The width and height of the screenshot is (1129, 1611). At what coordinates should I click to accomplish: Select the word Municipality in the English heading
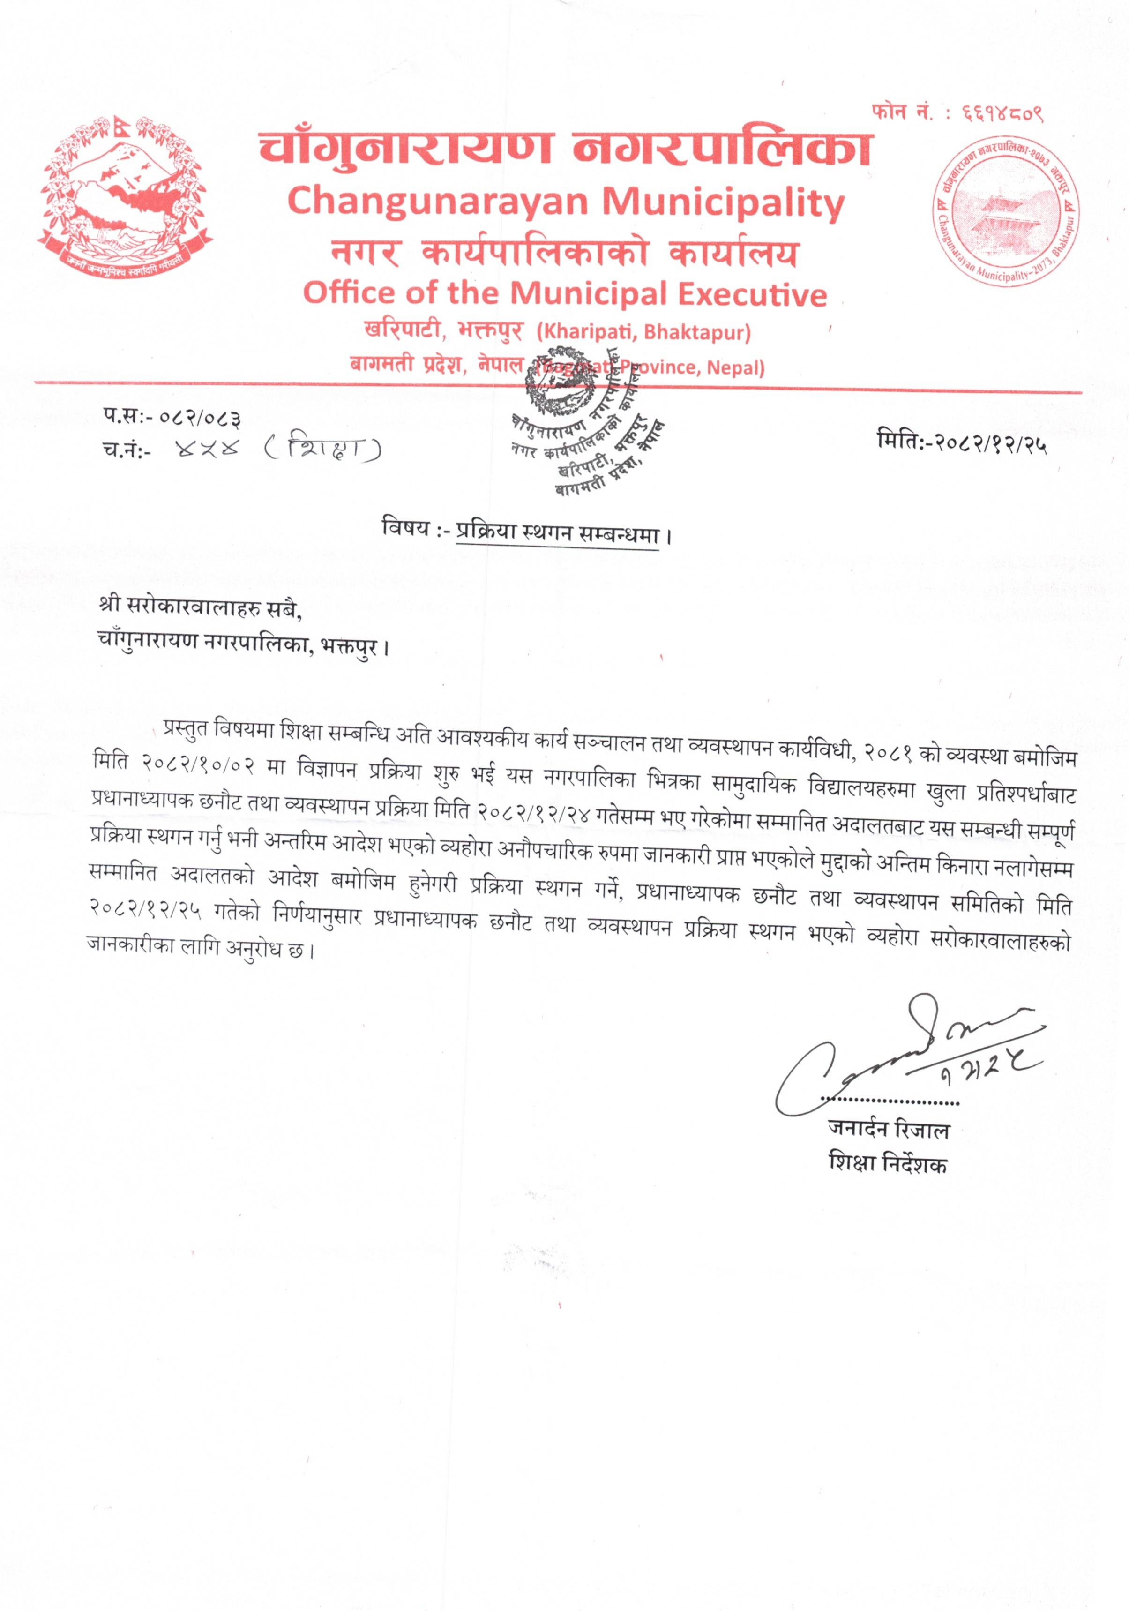click(724, 203)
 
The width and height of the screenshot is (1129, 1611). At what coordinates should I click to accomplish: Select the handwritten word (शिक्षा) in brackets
click(323, 449)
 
